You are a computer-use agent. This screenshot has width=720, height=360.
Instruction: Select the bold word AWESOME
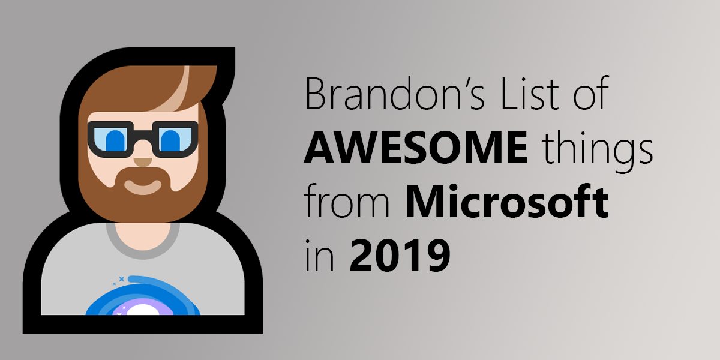click(416, 150)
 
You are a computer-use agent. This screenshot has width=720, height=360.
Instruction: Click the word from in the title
click(348, 204)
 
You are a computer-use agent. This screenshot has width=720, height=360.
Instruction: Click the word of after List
click(592, 96)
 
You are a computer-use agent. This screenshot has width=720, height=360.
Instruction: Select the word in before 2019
click(316, 255)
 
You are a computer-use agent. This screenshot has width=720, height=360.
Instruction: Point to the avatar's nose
click(143, 161)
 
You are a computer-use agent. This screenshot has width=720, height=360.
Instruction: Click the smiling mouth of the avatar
click(143, 185)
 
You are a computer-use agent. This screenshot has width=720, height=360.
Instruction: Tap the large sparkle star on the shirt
click(121, 279)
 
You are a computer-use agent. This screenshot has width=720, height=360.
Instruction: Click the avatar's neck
click(143, 231)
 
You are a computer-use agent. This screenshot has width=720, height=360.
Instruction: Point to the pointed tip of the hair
click(230, 54)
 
